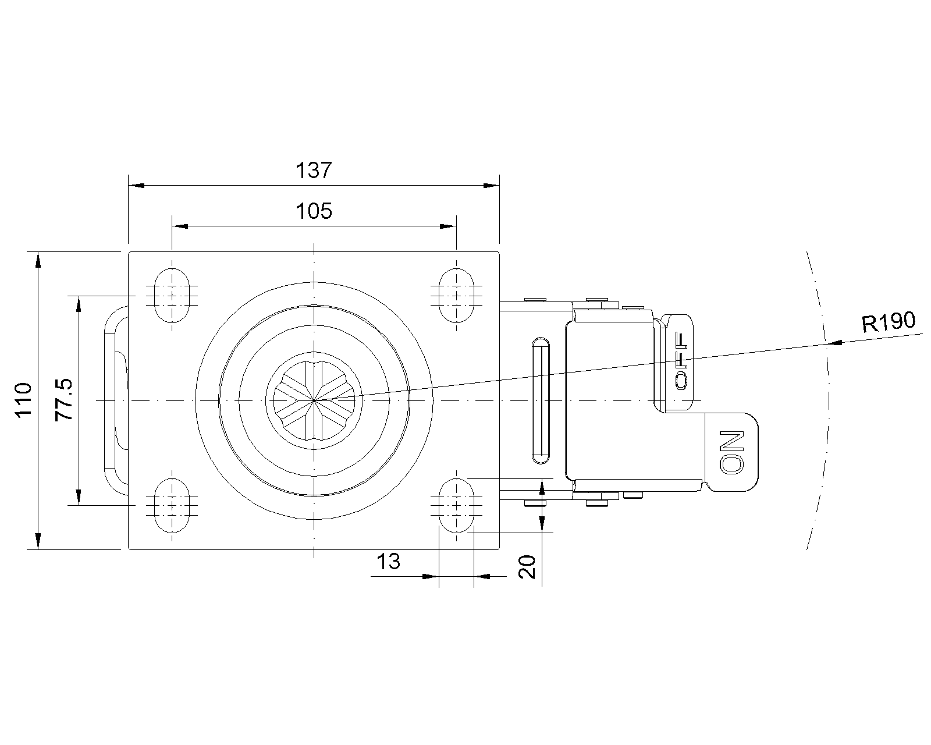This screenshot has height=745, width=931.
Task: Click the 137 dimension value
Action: click(x=314, y=171)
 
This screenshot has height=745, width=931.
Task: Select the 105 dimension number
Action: click(x=314, y=211)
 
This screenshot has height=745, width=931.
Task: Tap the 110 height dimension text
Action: click(x=24, y=400)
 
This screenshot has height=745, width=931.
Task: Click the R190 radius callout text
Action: click(x=888, y=322)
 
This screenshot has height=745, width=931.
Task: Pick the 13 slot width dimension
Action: click(x=389, y=562)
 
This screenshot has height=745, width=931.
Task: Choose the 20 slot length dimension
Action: click(x=527, y=567)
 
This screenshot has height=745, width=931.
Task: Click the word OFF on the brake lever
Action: click(x=681, y=361)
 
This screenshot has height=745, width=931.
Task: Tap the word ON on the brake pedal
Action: click(x=731, y=452)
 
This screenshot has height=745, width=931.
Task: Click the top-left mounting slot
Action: click(x=172, y=296)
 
